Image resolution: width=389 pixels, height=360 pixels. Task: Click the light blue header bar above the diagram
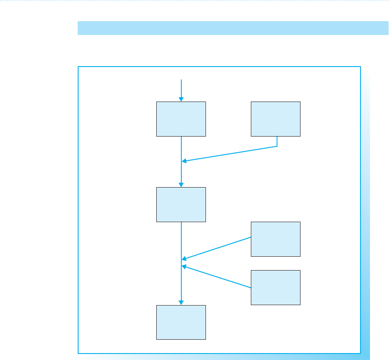[x=233, y=28]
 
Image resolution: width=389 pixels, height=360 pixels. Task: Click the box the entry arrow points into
[x=181, y=119]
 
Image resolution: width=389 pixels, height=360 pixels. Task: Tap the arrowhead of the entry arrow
[x=181, y=99]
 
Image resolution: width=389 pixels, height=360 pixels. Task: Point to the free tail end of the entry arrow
[x=181, y=80]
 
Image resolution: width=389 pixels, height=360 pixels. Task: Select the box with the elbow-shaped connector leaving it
[x=275, y=119]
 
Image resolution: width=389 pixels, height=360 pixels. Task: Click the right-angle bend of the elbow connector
[x=276, y=146]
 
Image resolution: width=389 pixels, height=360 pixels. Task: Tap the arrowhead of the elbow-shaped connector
[x=184, y=161]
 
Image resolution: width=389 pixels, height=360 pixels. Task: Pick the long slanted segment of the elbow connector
[x=229, y=154]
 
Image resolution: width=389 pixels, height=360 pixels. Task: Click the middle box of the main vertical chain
[x=181, y=204]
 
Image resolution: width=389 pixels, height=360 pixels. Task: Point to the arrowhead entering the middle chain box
[x=181, y=185]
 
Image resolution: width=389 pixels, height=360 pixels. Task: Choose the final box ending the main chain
[x=181, y=322]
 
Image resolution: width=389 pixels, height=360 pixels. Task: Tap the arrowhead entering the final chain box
[x=181, y=303]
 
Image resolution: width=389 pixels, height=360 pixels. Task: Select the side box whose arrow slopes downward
[x=275, y=239]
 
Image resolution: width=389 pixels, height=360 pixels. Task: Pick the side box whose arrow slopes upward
[x=275, y=287]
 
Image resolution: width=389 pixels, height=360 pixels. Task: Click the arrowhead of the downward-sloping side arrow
[x=184, y=259]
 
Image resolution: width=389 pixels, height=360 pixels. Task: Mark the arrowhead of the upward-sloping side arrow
[x=184, y=266]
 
